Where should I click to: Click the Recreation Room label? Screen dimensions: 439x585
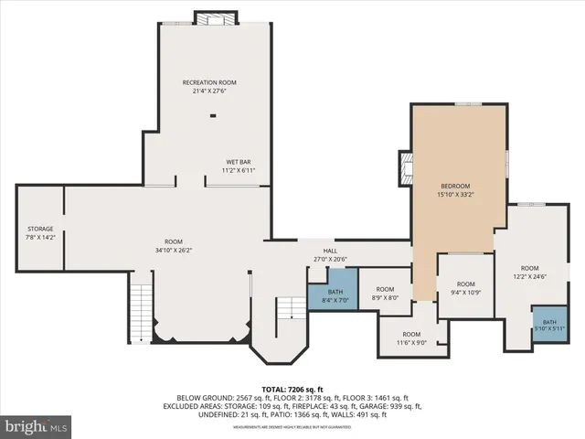pos(215,83)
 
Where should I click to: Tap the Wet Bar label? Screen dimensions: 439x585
pos(239,162)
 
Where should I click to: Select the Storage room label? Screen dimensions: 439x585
pos(40,229)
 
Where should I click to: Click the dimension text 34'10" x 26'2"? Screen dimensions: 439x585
pos(173,250)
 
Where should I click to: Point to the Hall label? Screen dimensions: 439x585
pos(330,251)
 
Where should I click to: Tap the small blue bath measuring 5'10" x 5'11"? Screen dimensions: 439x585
pos(549,325)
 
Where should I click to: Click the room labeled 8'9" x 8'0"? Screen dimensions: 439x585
pos(385,293)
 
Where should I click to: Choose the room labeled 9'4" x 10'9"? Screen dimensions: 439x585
pos(466,288)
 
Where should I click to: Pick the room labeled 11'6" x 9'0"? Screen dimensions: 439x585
pos(411,338)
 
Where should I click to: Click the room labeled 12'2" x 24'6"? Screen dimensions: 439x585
pos(525,272)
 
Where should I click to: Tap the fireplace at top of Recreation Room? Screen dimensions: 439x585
pos(216,17)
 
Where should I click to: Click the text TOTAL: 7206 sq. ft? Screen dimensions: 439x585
pos(292,388)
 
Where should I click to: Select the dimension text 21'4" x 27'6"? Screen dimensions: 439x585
pos(215,91)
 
